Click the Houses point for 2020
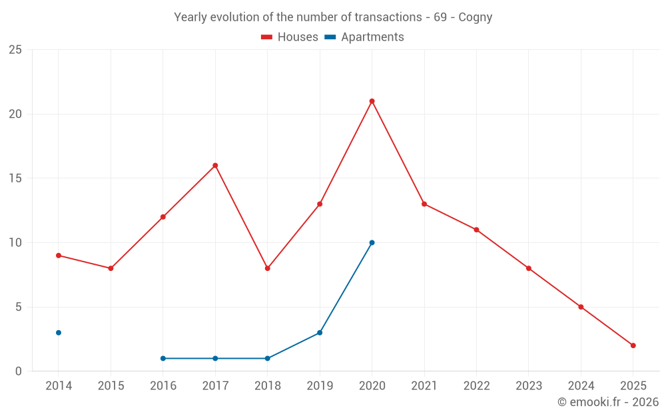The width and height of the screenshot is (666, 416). [372, 101]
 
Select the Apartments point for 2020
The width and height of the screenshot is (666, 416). [372, 242]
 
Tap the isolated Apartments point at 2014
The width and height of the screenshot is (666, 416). [59, 333]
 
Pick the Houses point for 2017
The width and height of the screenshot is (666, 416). [215, 165]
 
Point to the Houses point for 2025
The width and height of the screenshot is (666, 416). [633, 345]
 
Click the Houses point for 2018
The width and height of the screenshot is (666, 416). [267, 268]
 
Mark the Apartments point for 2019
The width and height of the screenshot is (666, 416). [320, 333]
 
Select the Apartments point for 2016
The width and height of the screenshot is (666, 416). [163, 358]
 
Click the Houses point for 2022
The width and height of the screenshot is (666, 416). [476, 230]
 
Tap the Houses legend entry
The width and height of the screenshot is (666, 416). [290, 37]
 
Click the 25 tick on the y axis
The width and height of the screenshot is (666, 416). [15, 50]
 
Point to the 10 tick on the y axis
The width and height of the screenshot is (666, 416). [15, 243]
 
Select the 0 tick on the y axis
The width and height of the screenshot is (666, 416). [18, 371]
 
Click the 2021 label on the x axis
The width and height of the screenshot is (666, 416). [424, 386]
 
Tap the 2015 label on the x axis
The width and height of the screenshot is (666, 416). [111, 386]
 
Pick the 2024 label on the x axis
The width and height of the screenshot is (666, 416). [581, 386]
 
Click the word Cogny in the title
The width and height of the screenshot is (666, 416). [475, 17]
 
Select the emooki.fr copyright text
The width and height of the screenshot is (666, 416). [607, 402]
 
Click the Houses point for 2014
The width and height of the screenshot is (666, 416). [59, 256]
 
